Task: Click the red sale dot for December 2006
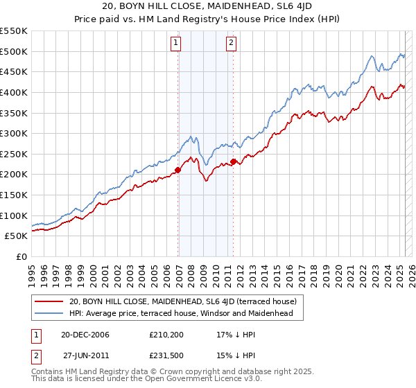(177, 170)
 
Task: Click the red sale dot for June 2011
(234, 161)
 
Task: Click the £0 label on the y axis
(22, 256)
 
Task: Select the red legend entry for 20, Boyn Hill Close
(183, 301)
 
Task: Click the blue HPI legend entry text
(182, 313)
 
